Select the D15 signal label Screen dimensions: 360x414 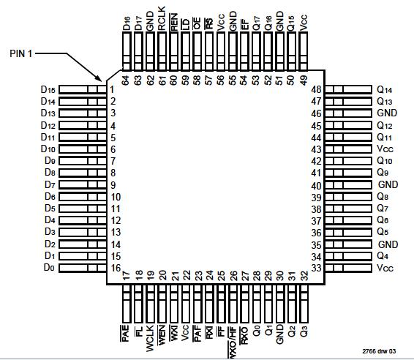pos(48,89)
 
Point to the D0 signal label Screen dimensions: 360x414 pos(50,268)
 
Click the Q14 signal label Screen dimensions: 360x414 pos(385,89)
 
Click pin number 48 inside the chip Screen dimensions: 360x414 pos(316,89)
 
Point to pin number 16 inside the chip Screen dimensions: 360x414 pos(115,268)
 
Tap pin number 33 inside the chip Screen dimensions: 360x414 pos(316,268)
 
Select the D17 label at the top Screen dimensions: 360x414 pos(138,21)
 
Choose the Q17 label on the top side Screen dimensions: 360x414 pos(257,21)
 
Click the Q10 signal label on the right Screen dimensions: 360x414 pos(385,161)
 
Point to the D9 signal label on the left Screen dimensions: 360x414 pos(50,161)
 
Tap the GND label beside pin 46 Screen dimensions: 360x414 pos(388,113)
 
